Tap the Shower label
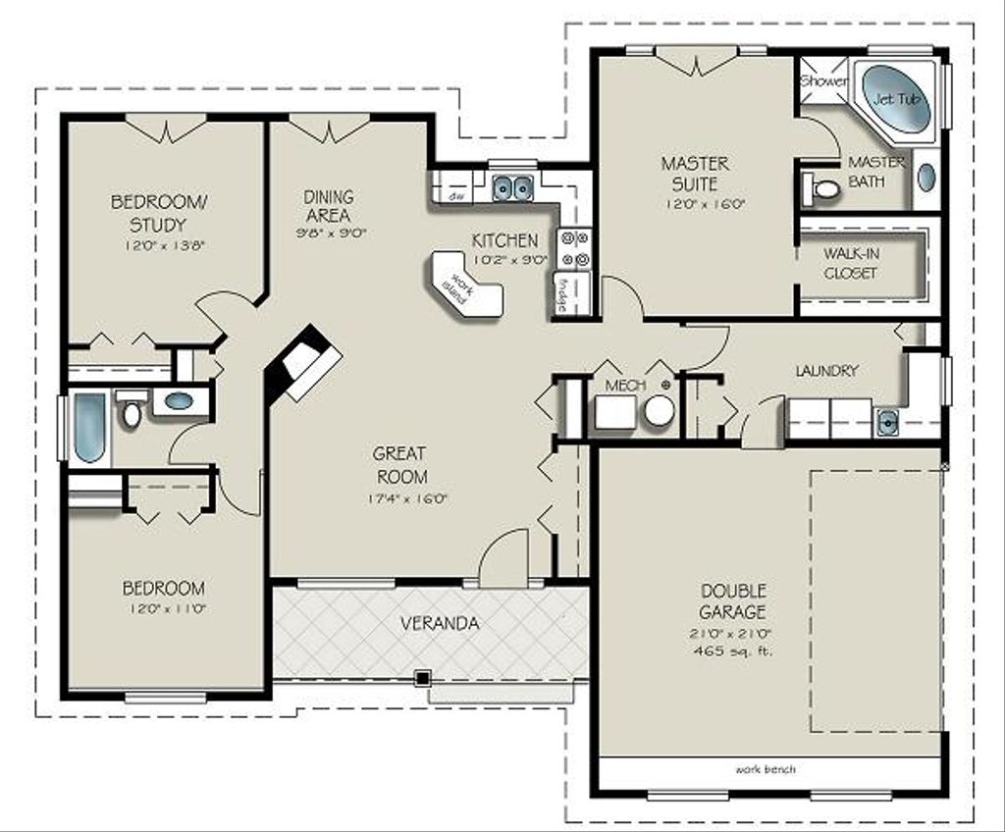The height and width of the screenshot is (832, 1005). (x=823, y=82)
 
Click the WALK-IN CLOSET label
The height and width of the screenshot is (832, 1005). (x=851, y=263)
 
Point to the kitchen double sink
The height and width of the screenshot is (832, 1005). (x=511, y=185)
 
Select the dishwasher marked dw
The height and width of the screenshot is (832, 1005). (x=454, y=196)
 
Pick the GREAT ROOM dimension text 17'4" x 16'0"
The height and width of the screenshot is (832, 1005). (x=398, y=498)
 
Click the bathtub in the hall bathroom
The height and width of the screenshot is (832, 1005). (x=89, y=427)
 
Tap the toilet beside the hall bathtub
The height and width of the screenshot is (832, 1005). (x=132, y=411)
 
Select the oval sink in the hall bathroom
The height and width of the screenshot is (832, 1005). (x=179, y=400)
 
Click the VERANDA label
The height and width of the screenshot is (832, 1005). (x=440, y=623)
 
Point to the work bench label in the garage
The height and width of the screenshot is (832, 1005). (x=766, y=769)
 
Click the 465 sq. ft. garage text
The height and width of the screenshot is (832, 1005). (x=732, y=650)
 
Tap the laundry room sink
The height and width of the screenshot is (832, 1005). (x=887, y=422)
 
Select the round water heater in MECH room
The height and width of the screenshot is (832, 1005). (x=660, y=410)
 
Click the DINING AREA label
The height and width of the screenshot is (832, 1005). (x=328, y=206)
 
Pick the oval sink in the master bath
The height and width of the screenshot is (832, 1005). (x=926, y=178)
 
